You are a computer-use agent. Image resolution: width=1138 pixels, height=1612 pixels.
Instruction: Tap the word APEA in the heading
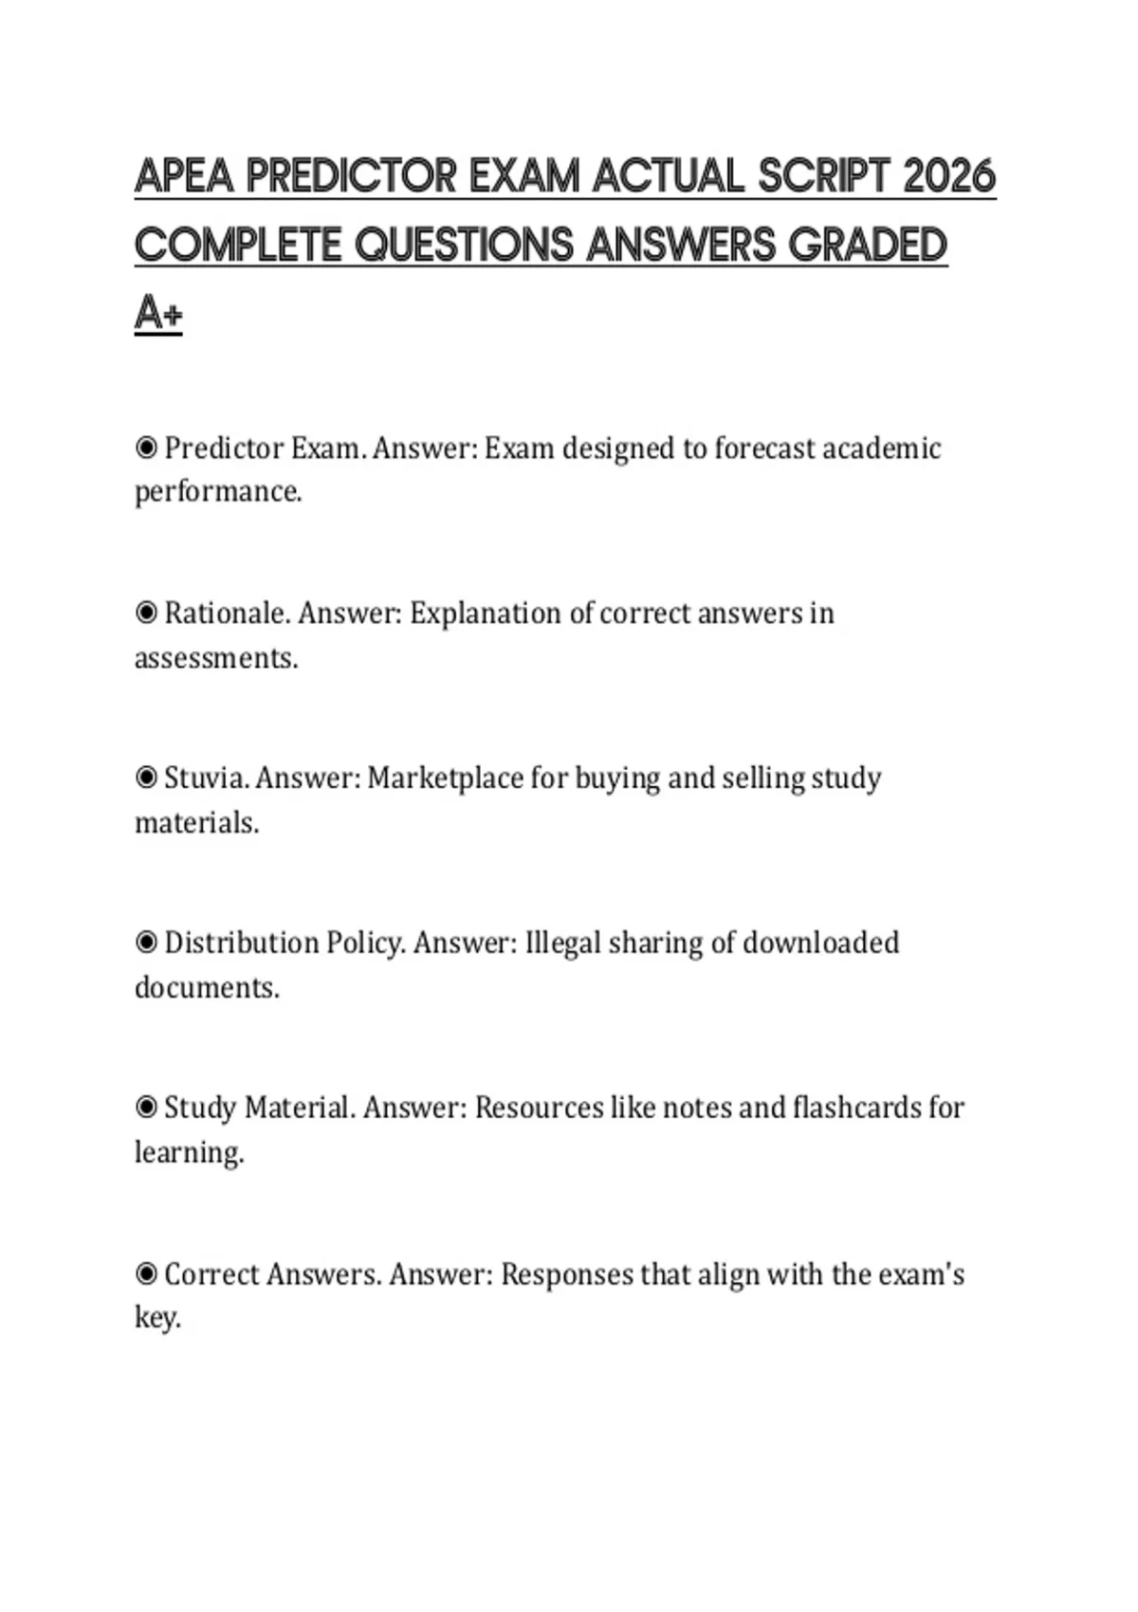click(183, 176)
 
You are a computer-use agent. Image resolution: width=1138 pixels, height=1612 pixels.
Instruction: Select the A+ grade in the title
click(158, 313)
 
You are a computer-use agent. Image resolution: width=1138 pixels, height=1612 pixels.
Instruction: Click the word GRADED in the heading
click(868, 245)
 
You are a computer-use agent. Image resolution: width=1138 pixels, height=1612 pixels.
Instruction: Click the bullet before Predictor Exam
click(146, 448)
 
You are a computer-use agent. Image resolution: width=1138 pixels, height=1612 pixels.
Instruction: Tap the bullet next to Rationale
click(146, 613)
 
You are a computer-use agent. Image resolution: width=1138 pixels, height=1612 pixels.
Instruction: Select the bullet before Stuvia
click(146, 778)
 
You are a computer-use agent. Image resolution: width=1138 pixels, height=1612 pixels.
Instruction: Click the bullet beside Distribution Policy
click(146, 943)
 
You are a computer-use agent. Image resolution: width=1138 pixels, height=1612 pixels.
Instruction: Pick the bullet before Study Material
click(146, 1108)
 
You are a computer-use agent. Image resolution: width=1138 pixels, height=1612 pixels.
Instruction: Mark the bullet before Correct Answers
click(146, 1273)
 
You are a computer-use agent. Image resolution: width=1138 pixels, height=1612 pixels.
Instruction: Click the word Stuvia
click(206, 778)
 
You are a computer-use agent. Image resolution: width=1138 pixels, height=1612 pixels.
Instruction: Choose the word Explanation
click(486, 614)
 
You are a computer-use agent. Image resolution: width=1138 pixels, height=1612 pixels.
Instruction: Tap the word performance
click(217, 492)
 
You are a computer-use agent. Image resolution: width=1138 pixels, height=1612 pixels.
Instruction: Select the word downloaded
click(820, 943)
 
